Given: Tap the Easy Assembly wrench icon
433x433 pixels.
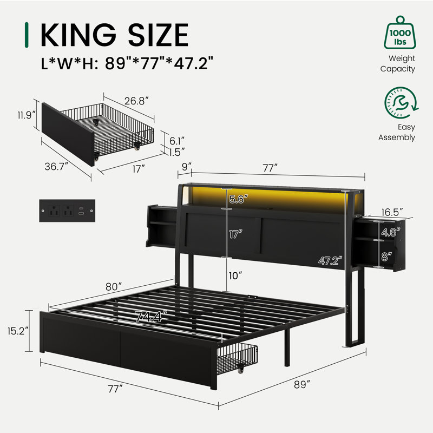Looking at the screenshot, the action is click(401, 103).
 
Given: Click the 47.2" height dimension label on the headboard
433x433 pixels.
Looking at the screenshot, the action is click(330, 260).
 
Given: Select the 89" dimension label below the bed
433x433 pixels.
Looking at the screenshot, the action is click(302, 384).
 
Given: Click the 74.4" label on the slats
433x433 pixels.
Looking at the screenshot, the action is click(152, 317).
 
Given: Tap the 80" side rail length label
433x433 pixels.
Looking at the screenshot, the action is click(114, 287).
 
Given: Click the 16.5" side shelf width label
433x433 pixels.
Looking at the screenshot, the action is click(392, 212).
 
